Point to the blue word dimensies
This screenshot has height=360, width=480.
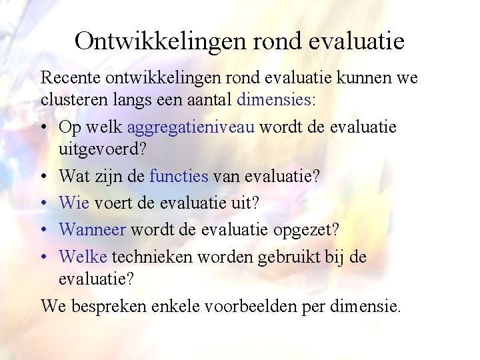pos(273,101)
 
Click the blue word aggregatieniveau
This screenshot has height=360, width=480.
pos(190,127)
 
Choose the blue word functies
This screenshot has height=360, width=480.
pos(179,177)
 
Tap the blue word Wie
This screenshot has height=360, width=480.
pos(73,203)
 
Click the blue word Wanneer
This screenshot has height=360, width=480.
pos(92,229)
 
